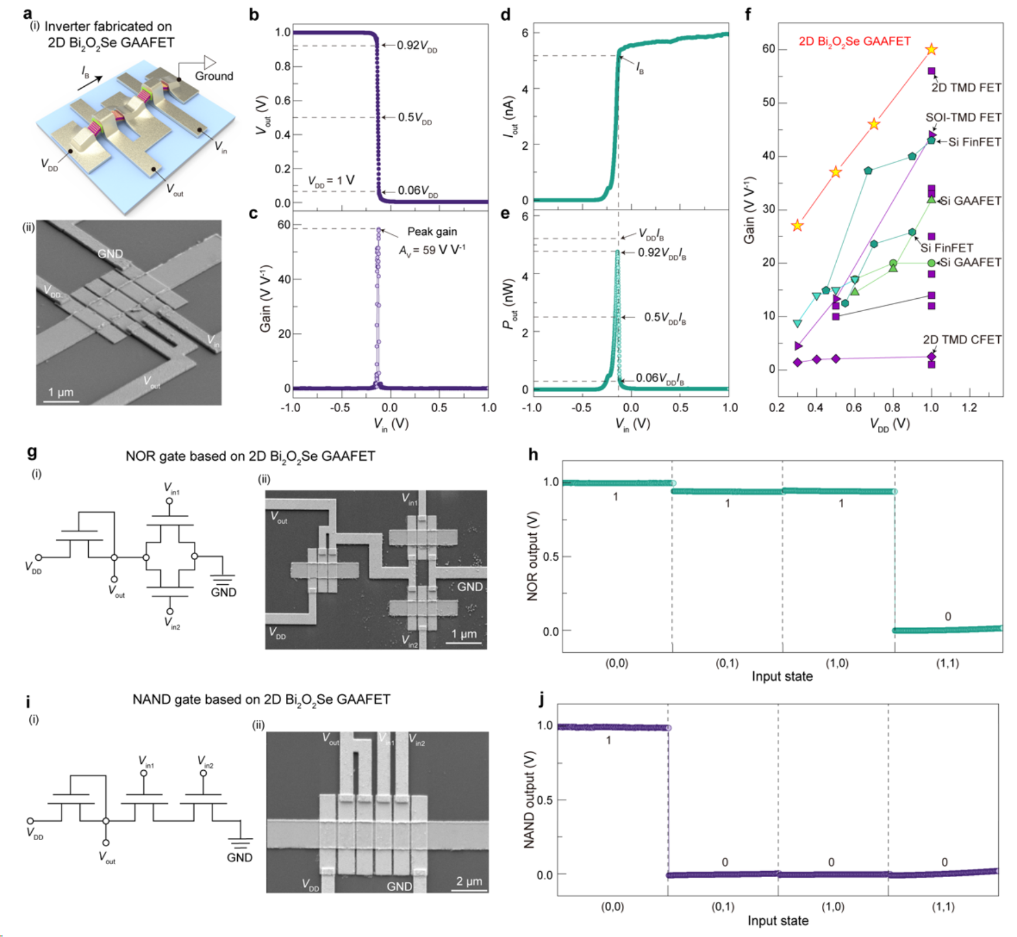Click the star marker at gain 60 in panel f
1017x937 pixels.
click(931, 49)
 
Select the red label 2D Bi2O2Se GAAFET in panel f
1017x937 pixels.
click(854, 41)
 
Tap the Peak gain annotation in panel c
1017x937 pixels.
click(432, 232)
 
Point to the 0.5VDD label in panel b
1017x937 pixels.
click(415, 117)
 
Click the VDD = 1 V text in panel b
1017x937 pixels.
click(331, 180)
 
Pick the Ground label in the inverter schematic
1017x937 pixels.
click(214, 76)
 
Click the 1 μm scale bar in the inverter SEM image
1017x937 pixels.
click(61, 400)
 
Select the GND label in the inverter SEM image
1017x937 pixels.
click(110, 254)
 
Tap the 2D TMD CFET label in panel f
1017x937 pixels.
click(962, 340)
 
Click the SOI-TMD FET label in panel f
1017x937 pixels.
click(963, 117)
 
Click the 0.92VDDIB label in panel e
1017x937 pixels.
click(662, 253)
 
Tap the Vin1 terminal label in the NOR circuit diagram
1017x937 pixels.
click(171, 488)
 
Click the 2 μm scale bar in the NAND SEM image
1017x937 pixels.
click(470, 889)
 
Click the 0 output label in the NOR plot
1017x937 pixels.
click(948, 616)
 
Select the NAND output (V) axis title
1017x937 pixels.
click(529, 799)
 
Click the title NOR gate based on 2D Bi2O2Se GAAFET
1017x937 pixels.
click(250, 456)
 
